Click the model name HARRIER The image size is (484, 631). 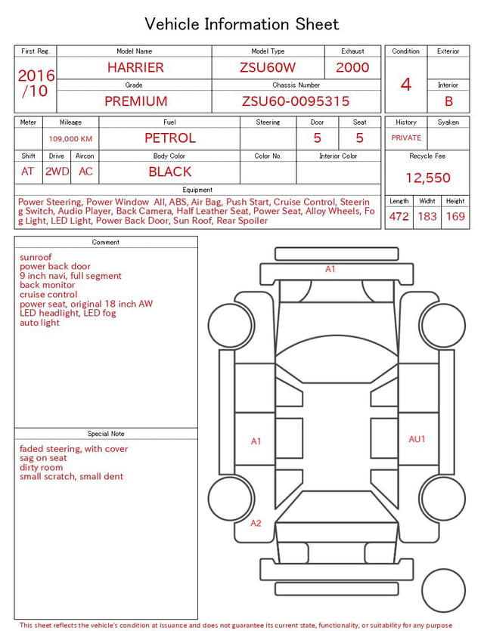[135, 67]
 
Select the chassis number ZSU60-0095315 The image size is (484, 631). [296, 101]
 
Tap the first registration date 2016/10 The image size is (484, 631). [36, 83]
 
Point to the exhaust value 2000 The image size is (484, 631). [352, 67]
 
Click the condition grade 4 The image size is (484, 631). [406, 85]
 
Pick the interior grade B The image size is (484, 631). [448, 101]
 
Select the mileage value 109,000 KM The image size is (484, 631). [70, 139]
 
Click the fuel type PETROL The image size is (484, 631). [170, 138]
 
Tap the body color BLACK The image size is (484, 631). [170, 172]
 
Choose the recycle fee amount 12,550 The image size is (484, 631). [427, 178]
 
